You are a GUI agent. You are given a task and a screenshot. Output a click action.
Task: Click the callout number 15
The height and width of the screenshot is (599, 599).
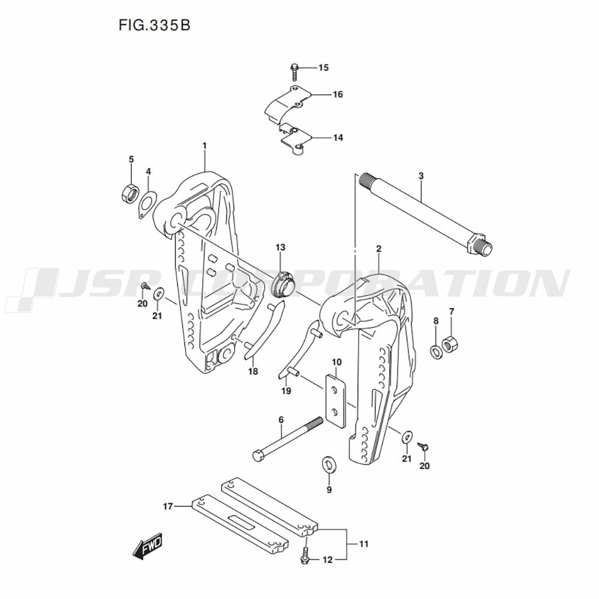(323, 68)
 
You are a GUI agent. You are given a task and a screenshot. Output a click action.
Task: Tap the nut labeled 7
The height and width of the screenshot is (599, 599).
(450, 344)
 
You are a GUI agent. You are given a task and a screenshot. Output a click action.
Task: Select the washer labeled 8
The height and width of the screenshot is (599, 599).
(437, 349)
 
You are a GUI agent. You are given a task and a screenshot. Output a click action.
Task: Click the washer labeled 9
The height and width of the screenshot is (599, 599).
(329, 464)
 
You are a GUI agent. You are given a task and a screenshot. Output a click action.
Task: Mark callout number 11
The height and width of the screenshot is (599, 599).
(364, 544)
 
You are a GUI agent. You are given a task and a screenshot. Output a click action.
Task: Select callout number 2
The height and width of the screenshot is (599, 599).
(379, 248)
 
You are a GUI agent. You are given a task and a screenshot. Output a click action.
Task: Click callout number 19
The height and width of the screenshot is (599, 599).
(286, 391)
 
